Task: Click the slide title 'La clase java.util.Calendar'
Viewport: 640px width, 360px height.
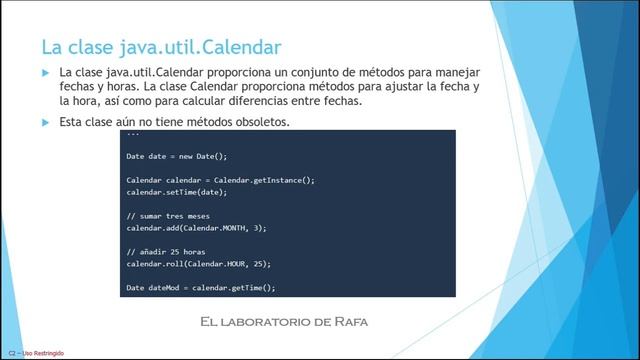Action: click(160, 46)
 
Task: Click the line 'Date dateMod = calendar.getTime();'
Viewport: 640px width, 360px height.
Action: click(200, 287)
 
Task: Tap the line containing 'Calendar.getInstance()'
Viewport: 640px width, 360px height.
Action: click(220, 179)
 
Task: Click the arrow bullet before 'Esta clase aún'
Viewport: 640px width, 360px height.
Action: click(45, 122)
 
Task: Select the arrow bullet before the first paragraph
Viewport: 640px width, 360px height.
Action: click(45, 74)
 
